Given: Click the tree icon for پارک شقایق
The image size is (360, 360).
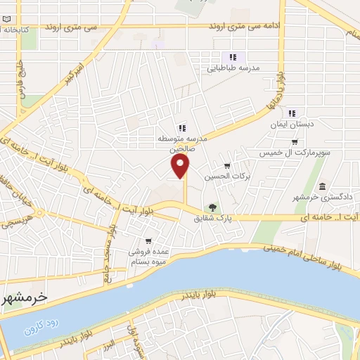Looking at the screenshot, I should (x=212, y=207).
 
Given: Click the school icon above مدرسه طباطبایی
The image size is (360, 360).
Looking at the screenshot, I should (x=232, y=58).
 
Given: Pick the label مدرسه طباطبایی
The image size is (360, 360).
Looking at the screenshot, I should (x=233, y=69).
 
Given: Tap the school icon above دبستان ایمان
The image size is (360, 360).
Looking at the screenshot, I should (x=292, y=112).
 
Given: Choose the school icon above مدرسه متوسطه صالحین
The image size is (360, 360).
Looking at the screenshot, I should (x=182, y=127).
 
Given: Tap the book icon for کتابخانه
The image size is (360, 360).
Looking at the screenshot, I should (x=6, y=32).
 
